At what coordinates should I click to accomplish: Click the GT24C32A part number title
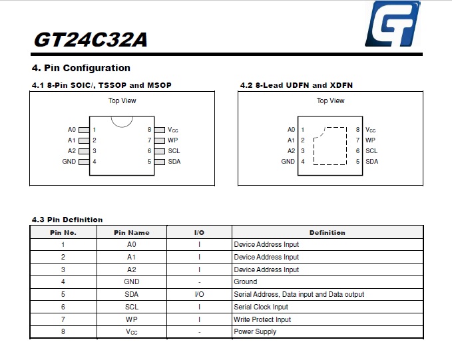[91, 39]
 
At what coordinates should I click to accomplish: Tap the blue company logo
[393, 24]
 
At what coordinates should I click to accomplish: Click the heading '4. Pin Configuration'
[81, 68]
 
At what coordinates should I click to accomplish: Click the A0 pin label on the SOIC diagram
[72, 130]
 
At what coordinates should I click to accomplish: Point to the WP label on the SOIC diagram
[172, 140]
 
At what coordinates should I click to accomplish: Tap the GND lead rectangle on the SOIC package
[84, 162]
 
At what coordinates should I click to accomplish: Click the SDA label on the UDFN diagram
[371, 162]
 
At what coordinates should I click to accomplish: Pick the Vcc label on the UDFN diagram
[370, 130]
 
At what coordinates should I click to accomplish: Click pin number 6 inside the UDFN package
[357, 151]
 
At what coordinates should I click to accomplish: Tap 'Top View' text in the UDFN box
[330, 100]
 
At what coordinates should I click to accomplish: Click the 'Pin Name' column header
[132, 233]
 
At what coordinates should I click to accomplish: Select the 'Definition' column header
[327, 233]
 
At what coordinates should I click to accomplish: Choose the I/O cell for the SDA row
[199, 294]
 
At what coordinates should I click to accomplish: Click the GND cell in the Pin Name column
[132, 281]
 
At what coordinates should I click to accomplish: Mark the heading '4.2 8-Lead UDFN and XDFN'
[296, 85]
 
